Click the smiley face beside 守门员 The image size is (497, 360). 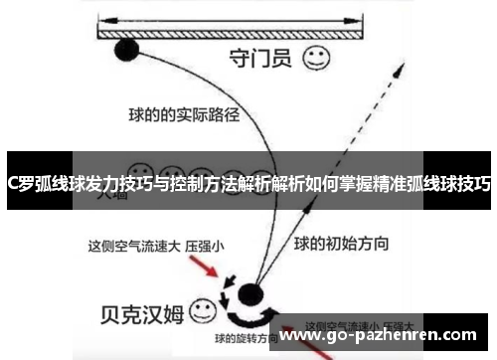[317, 58]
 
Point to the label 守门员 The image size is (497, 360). [260, 59]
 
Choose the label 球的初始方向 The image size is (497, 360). [341, 242]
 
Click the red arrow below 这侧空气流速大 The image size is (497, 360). [205, 270]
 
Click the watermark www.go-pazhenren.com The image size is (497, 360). [384, 337]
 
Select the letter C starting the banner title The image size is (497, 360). [12, 183]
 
